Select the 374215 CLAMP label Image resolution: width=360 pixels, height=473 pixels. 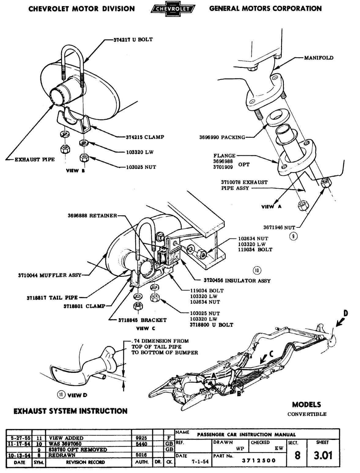pyautogui.click(x=145, y=137)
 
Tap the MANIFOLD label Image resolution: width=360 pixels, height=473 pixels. pyautogui.click(x=319, y=58)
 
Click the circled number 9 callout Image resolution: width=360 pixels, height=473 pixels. pyautogui.click(x=294, y=236)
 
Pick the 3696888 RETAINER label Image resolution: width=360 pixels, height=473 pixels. pyautogui.click(x=92, y=216)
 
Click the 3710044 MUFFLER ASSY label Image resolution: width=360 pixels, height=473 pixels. pyautogui.click(x=50, y=275)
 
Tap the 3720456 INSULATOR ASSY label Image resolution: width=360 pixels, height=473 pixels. pyautogui.click(x=237, y=280)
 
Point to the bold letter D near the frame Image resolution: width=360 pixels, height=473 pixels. pyautogui.click(x=345, y=313)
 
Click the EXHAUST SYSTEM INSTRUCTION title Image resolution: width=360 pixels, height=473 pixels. pyautogui.click(x=70, y=411)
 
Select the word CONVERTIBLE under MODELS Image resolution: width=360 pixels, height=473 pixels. pyautogui.click(x=307, y=414)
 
